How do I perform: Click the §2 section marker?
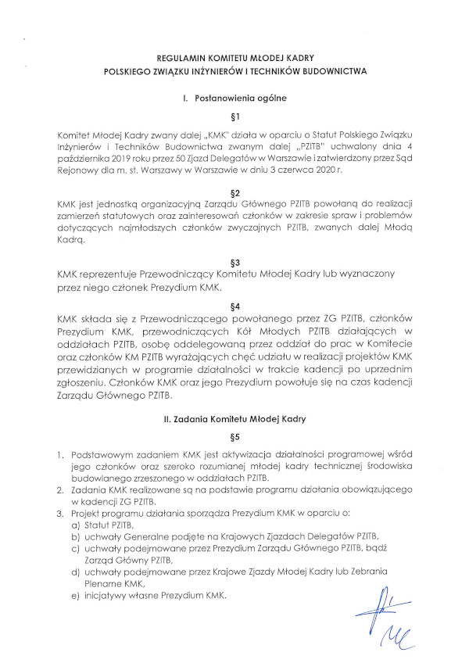tap(234, 192)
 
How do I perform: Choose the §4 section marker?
tap(234, 306)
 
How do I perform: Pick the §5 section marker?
tap(234, 437)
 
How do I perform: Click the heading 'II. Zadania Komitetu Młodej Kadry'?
tap(234, 419)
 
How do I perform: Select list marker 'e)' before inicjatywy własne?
tap(76, 597)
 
